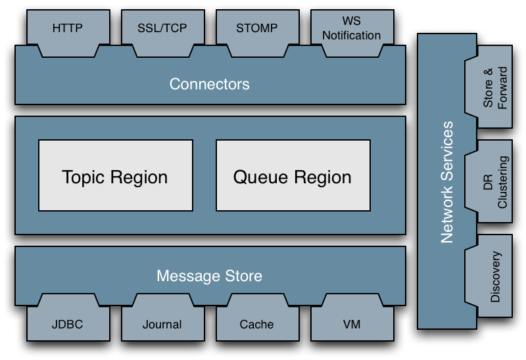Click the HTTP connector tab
[67, 29]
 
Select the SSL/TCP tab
[162, 29]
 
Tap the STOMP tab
[256, 29]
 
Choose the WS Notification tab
[351, 29]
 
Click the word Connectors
[209, 84]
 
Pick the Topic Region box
[114, 176]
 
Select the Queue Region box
[292, 176]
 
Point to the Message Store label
[209, 276]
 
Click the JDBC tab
[67, 324]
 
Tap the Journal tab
[162, 324]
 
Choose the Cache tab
[256, 324]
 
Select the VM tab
[351, 324]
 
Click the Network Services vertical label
[447, 181]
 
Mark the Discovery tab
[496, 277]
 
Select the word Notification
[351, 35]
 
